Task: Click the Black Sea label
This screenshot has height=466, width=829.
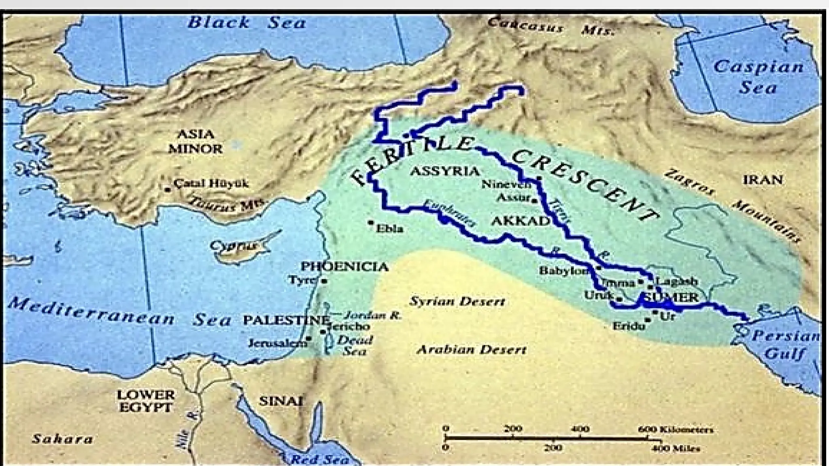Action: pos(247,23)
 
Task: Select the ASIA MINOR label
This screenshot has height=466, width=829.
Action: pos(196,141)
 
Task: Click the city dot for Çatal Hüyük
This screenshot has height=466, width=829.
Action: pos(167,189)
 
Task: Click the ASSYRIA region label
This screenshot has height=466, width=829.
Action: pos(444,171)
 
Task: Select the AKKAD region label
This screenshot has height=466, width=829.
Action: pos(521,221)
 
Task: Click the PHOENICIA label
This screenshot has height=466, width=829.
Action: pos(344,267)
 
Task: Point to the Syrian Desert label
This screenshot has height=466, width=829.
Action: pos(457,301)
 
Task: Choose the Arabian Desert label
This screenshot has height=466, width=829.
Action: pos(472,349)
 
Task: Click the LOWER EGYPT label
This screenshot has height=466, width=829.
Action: pos(146,400)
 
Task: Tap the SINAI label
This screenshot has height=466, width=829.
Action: pos(281,401)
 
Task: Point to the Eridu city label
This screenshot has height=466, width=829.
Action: pos(628,325)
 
